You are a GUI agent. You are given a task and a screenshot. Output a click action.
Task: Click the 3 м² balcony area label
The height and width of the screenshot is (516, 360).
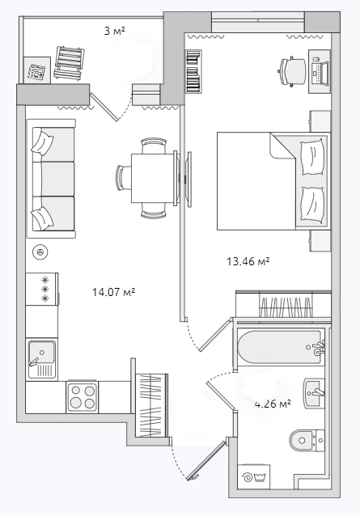(115, 32)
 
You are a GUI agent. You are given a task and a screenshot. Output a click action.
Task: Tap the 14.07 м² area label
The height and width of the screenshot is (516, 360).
(114, 292)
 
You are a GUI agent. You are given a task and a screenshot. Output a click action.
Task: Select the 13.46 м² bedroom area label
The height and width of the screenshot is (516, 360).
(248, 261)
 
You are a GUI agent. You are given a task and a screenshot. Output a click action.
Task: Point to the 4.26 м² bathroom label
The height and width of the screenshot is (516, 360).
(273, 404)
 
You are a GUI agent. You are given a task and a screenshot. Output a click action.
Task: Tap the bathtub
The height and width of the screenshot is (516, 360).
(281, 347)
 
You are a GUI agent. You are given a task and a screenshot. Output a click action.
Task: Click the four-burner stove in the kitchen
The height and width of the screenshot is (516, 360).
(83, 396)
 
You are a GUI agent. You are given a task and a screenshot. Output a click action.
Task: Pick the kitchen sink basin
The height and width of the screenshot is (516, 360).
(42, 359)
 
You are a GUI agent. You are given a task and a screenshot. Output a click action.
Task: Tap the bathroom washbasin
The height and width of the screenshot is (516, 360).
(314, 394)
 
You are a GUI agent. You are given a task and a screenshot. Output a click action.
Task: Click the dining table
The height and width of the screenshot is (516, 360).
(153, 178)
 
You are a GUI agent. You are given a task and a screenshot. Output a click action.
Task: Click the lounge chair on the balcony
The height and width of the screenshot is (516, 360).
(69, 62)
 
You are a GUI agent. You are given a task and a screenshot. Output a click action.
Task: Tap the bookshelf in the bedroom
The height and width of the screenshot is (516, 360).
(193, 71)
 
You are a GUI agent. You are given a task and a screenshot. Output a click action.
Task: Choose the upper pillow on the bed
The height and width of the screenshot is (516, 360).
(313, 157)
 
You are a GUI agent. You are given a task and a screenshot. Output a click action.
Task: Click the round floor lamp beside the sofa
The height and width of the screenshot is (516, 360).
(40, 252)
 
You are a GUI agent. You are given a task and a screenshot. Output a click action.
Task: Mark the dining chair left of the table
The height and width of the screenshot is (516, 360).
(124, 178)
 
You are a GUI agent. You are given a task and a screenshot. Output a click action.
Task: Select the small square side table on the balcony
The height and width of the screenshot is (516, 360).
(37, 70)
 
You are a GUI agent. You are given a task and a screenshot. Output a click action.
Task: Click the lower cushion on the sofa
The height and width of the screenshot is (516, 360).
(42, 218)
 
